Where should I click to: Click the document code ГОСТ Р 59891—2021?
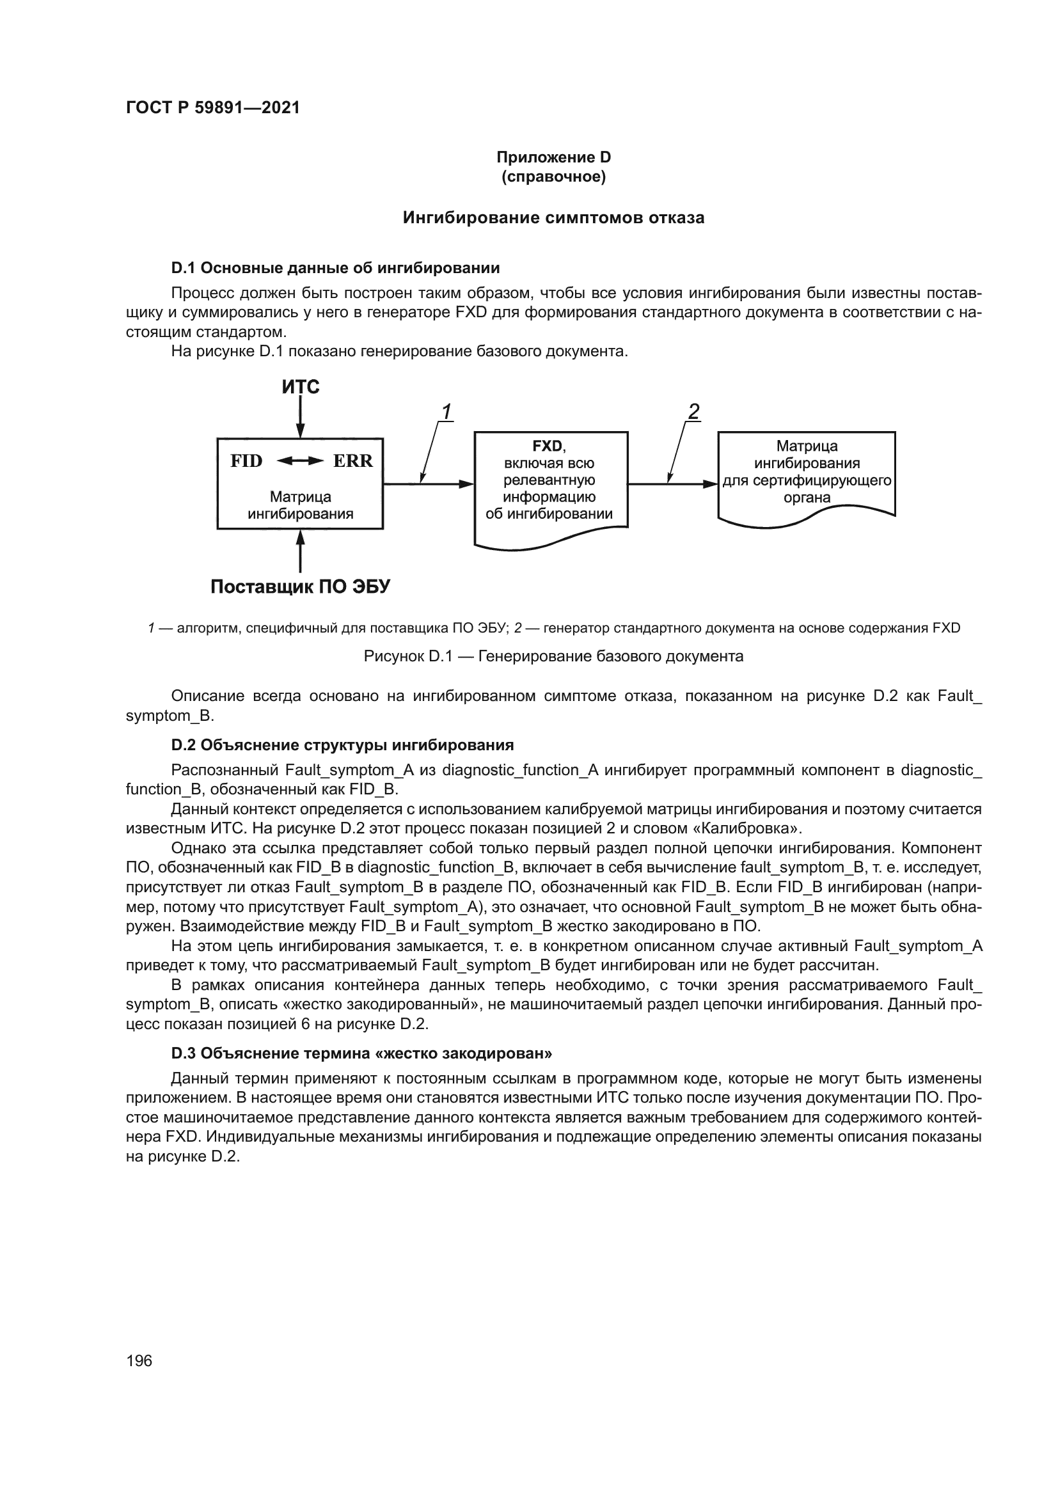click(x=212, y=107)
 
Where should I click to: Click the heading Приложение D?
click(x=553, y=157)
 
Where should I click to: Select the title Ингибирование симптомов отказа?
click(x=553, y=217)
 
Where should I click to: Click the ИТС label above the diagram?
click(x=301, y=387)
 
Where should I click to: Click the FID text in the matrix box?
click(x=246, y=461)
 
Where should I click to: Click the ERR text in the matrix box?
click(x=353, y=461)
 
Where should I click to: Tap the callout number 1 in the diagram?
click(x=447, y=412)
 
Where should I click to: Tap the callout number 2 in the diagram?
click(x=694, y=412)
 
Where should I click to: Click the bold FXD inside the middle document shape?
click(x=548, y=446)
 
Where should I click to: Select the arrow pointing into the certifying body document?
click(x=672, y=484)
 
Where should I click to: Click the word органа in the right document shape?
click(x=807, y=498)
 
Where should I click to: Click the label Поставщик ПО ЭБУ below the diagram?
click(x=301, y=587)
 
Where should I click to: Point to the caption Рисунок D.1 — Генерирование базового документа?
click(x=553, y=656)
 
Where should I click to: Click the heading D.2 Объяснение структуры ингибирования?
click(x=342, y=744)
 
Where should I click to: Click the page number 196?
click(x=139, y=1360)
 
